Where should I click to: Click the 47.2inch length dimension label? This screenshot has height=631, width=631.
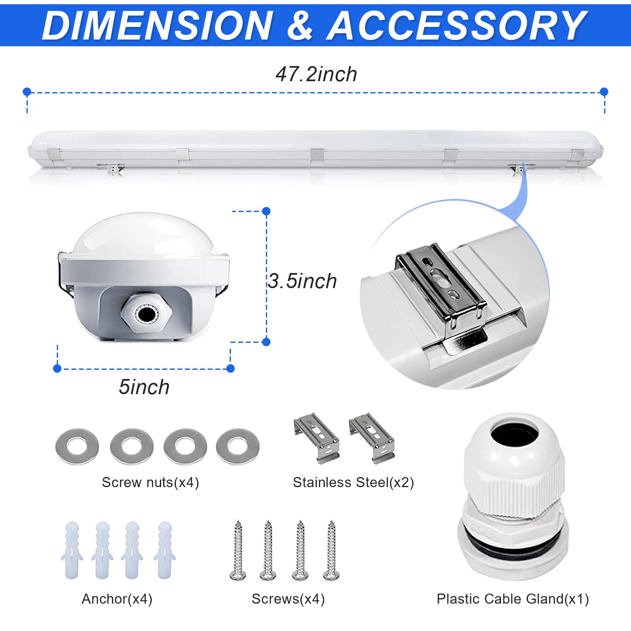coord(316,74)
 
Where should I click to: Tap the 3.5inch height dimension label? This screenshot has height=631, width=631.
coord(302,281)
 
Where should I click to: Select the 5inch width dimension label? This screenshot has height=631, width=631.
coord(144,387)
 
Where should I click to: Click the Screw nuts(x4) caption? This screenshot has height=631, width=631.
coord(150,482)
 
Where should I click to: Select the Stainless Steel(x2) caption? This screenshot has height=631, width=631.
coord(353,482)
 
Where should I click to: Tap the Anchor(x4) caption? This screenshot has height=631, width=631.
coord(117,599)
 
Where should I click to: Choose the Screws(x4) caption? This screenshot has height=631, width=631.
coord(288,599)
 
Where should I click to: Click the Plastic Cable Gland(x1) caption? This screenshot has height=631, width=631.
coord(512,599)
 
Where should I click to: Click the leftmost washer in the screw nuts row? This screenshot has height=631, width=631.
coord(77,446)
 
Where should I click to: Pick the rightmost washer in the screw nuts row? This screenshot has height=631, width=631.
coord(238,446)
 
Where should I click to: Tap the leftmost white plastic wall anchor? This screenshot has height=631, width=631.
coord(72,550)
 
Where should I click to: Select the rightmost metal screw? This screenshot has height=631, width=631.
coord(331,550)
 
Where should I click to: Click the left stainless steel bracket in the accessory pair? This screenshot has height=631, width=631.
coord(316,437)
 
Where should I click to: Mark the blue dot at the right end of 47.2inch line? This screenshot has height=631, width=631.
coord(604,92)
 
